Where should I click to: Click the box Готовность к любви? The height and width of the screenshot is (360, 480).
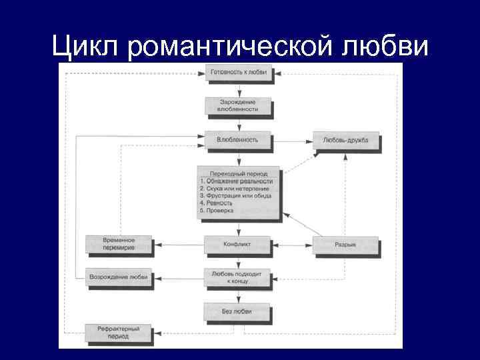pos(238,72)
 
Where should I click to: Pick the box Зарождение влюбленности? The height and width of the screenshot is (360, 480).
pos(238,105)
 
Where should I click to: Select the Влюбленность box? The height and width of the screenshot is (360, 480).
pos(237,140)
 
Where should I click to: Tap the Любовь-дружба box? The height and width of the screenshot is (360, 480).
pos(345,140)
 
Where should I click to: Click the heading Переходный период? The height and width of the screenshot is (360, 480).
pos(238,173)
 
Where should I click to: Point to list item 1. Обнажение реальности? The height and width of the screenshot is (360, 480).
pos(237,181)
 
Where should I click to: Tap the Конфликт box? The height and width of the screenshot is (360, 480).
pos(237,245)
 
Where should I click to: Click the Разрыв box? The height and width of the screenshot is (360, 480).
pos(345,245)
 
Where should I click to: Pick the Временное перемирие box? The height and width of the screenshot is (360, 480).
pos(119,244)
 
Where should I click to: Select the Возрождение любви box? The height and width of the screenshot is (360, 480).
pos(119,277)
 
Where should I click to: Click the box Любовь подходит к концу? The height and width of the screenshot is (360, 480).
pos(238,277)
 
